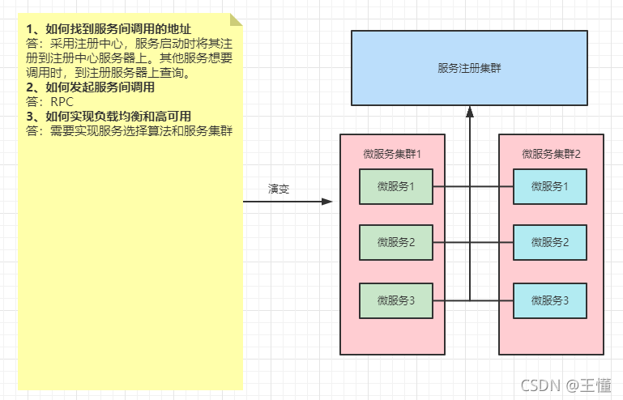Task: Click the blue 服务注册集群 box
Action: pos(469,68)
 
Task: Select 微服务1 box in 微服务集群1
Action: pos(396,187)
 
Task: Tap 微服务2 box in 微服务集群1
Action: pos(396,242)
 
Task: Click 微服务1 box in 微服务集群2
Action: pos(550,187)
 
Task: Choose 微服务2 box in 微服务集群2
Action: pos(550,242)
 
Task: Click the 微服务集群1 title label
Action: pos(393,154)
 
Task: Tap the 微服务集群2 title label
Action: pos(551,154)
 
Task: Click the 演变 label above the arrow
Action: pos(279,189)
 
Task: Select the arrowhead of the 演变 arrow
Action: pos(327,201)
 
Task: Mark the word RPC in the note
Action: pos(62,102)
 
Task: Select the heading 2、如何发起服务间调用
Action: pos(90,87)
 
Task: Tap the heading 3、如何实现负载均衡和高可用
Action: pos(109,117)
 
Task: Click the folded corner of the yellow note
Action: pos(236,19)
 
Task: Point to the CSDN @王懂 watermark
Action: pos(565,385)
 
